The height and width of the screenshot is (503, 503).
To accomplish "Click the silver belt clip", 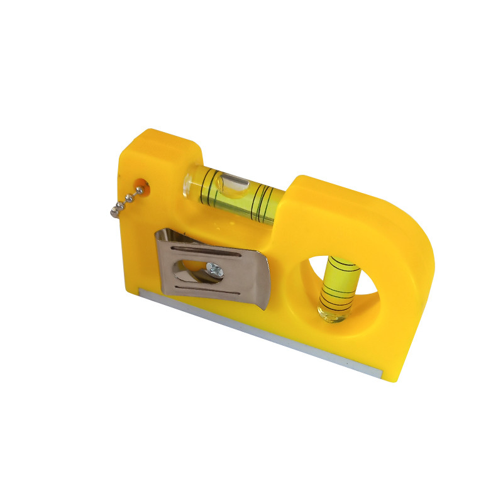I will (x=214, y=267).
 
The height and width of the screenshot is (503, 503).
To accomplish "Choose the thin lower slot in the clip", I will (x=207, y=290).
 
